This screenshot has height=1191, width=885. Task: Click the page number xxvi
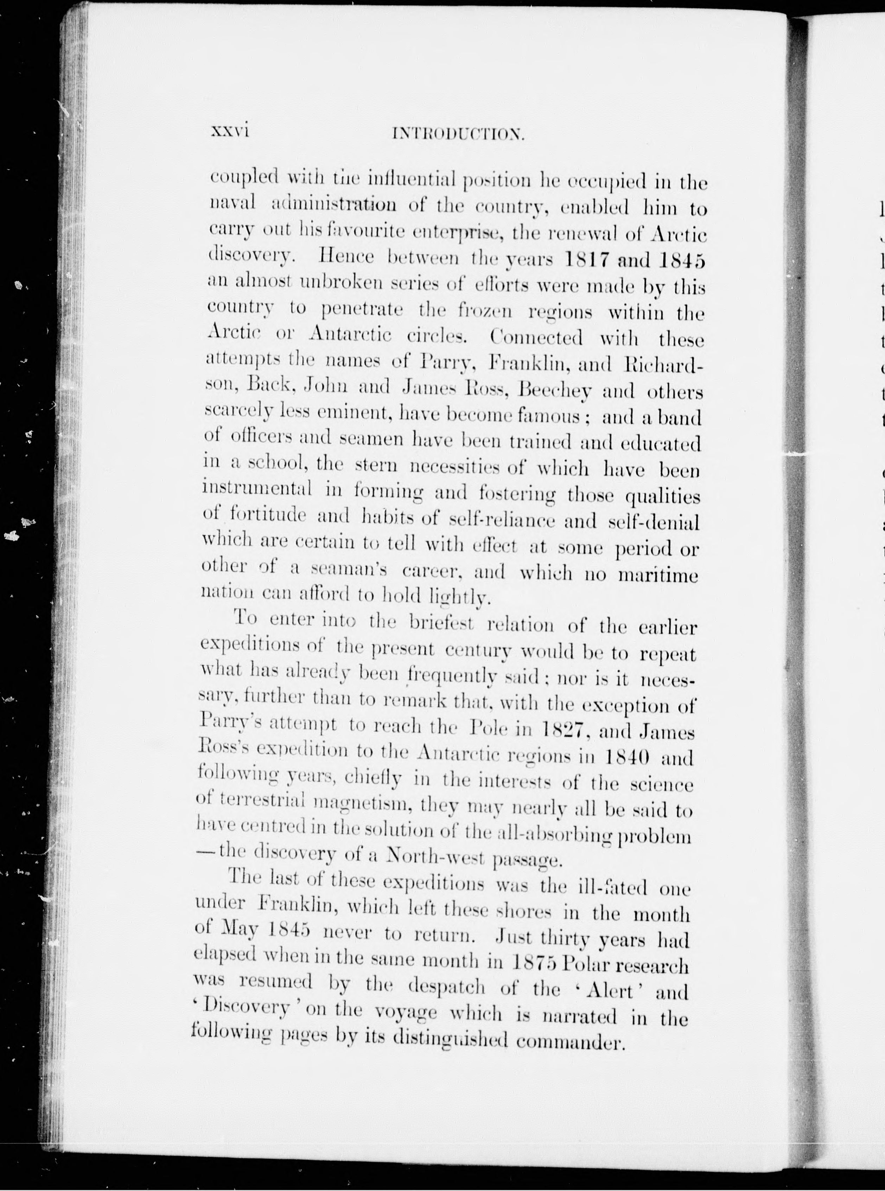click(230, 131)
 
